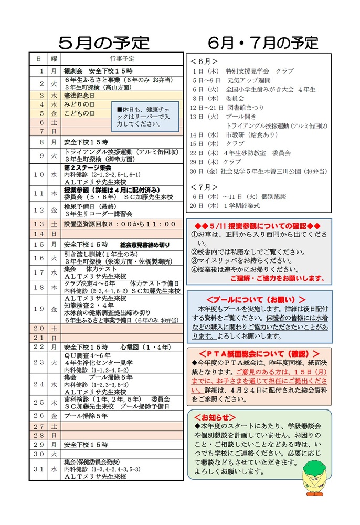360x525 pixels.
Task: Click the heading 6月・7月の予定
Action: tap(263, 42)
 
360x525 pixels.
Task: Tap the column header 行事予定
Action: tap(122, 58)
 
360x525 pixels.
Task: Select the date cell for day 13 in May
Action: tap(39, 224)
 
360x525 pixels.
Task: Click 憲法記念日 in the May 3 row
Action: tap(79, 96)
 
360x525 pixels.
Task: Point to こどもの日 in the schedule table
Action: tap(79, 113)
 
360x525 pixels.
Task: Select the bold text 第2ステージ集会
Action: tap(88, 167)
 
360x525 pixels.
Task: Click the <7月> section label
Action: tap(204, 186)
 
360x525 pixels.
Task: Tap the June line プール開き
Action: tap(241, 117)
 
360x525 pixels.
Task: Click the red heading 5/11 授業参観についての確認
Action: tap(257, 225)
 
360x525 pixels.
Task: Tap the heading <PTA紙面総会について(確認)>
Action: tap(259, 353)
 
